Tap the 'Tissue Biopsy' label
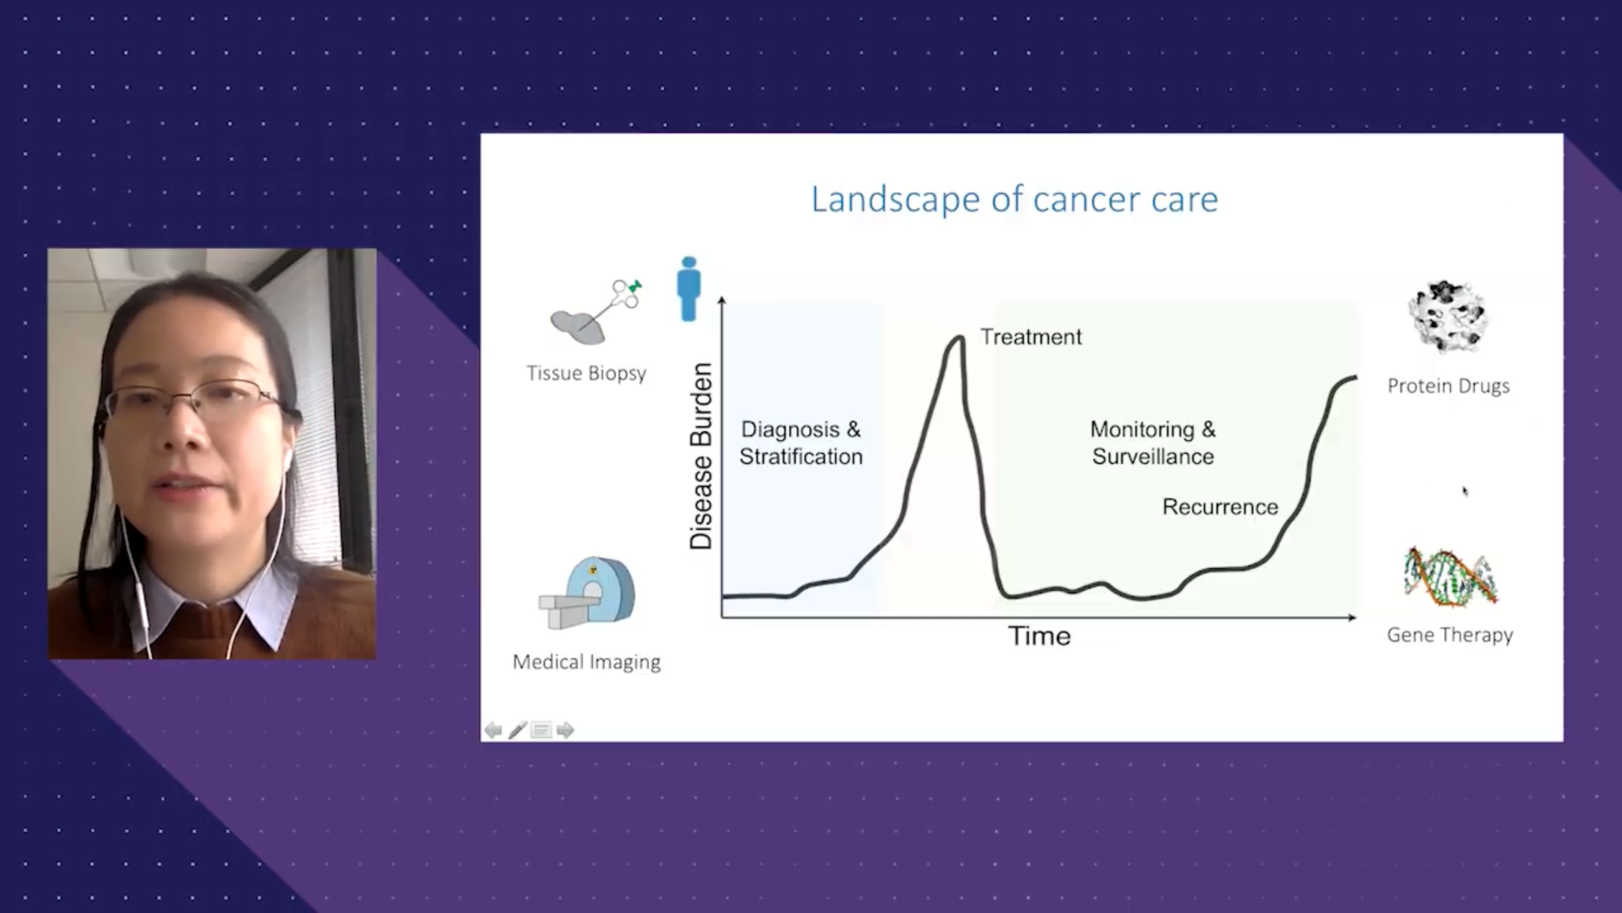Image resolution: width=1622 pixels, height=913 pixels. click(587, 373)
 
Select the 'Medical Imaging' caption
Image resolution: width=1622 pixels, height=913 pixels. click(587, 662)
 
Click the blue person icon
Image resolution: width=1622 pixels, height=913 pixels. click(689, 288)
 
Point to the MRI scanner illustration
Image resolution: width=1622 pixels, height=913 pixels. click(587, 593)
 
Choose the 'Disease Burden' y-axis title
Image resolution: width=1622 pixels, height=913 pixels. click(701, 456)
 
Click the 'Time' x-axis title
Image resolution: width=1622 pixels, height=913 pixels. click(1040, 636)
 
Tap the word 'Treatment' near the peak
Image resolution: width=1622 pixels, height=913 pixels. click(1031, 337)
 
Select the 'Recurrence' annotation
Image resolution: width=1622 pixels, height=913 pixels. click(1220, 507)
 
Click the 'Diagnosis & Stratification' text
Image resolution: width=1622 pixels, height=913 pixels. click(801, 443)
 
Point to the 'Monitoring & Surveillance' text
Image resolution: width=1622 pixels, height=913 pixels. click(1153, 443)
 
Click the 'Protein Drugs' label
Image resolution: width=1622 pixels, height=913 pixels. click(1448, 386)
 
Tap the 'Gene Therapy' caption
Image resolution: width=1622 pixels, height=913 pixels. click(1450, 635)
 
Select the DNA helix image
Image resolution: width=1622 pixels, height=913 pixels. click(1450, 578)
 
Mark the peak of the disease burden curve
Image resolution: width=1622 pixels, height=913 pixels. click(958, 337)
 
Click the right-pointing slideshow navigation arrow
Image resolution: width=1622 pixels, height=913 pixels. click(565, 730)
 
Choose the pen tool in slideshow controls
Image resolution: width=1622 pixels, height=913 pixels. click(517, 730)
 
